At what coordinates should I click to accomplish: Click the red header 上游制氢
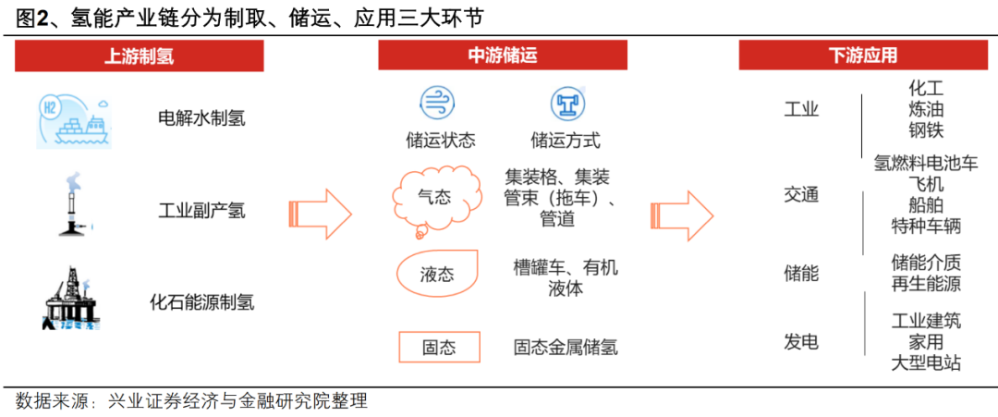[x=139, y=55]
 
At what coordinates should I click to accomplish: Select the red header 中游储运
[x=502, y=55]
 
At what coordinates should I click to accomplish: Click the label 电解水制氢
[x=201, y=118]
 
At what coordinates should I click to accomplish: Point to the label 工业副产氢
[x=201, y=210]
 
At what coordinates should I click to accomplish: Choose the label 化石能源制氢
[x=201, y=301]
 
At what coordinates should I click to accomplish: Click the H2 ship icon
[x=74, y=120]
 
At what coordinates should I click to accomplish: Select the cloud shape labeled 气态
[x=435, y=196]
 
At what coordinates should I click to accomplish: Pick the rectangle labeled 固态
[x=440, y=348]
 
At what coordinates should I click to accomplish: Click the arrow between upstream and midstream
[x=320, y=214]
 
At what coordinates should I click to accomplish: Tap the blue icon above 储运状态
[x=434, y=103]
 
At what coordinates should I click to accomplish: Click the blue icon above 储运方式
[x=565, y=104]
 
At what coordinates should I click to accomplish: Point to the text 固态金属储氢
[x=566, y=348]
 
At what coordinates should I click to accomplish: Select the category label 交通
[x=801, y=195]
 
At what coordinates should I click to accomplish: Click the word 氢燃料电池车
[x=925, y=164]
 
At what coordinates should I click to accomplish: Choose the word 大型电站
[x=926, y=362]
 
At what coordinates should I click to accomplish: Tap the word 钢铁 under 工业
[x=926, y=129]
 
